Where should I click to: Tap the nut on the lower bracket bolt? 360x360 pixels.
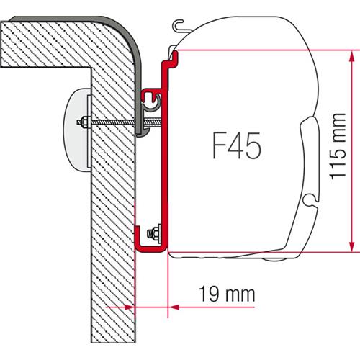point(153,234)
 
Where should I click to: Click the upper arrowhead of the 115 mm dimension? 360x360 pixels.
point(351,55)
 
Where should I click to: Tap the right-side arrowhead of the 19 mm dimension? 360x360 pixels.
point(174,306)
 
